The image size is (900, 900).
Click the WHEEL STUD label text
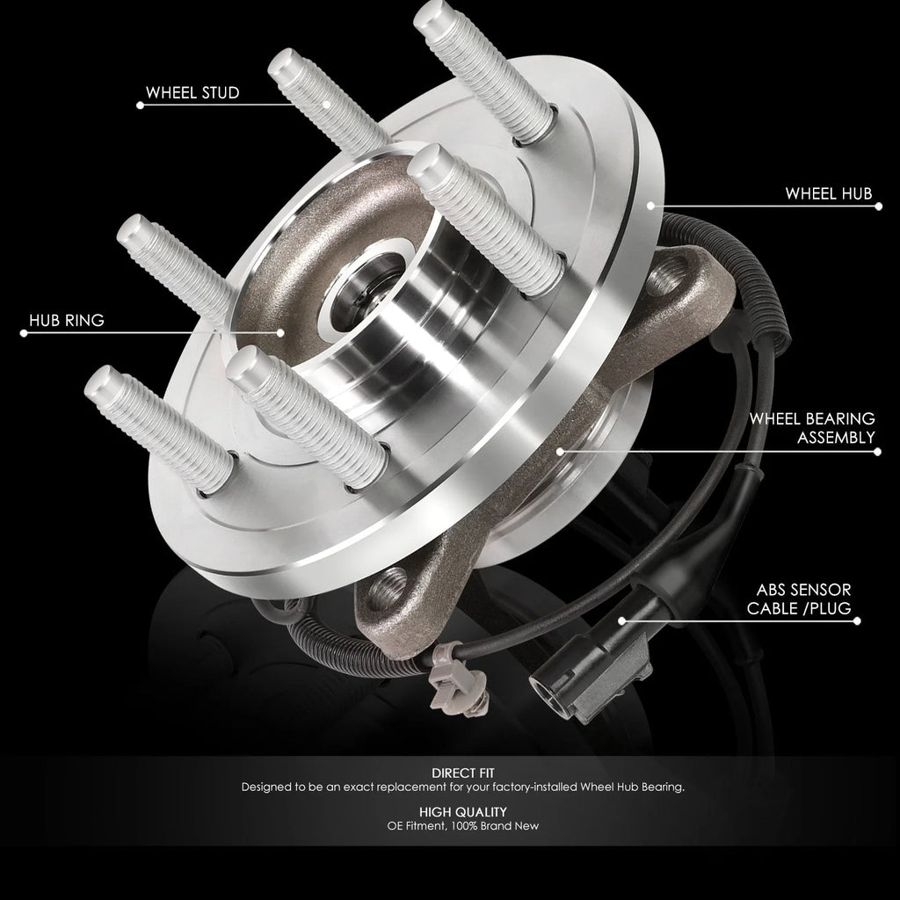(192, 93)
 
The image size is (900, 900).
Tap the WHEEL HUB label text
(828, 194)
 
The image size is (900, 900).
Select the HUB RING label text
(67, 320)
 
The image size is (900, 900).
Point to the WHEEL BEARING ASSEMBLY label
(812, 428)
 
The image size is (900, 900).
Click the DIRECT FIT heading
(462, 773)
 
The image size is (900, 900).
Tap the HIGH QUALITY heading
(462, 812)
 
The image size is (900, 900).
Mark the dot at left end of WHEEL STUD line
(140, 105)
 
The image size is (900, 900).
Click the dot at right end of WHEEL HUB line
(878, 206)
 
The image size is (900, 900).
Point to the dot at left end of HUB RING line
(24, 333)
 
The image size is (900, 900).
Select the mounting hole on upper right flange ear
(668, 275)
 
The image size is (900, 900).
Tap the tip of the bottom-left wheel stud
(99, 381)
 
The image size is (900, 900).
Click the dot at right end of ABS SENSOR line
(857, 621)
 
